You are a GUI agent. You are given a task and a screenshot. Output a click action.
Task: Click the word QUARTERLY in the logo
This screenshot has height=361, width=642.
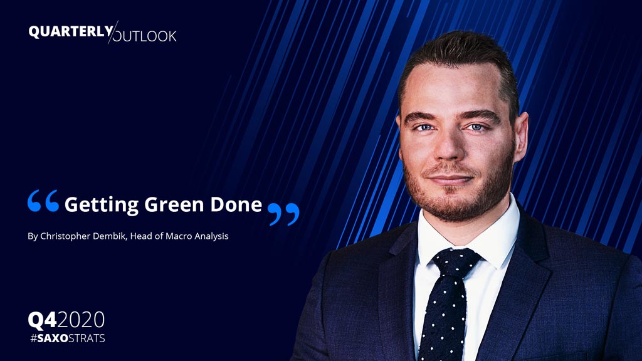pos(71,31)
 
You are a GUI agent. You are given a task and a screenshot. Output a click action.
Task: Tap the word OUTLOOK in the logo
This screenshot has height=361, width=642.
pos(145,36)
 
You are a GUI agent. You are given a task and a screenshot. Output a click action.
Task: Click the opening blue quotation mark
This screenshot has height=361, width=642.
pos(43,201)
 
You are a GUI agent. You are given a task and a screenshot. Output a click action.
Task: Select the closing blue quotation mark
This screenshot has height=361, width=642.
pos(283,214)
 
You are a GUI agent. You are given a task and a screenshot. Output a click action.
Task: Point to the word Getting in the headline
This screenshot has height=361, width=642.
pos(102,205)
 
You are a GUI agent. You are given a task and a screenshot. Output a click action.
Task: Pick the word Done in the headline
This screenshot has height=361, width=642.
pos(236,204)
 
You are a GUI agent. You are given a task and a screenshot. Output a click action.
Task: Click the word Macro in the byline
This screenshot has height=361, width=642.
pos(179,236)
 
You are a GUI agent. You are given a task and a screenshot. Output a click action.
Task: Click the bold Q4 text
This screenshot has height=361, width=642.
pos(43,320)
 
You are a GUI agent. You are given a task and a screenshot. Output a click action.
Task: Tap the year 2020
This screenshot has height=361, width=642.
pos(81,320)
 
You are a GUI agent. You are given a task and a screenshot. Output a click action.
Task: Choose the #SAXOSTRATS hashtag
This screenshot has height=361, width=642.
pos(68,338)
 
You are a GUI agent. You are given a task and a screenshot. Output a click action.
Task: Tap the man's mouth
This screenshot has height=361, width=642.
pos(450,180)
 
